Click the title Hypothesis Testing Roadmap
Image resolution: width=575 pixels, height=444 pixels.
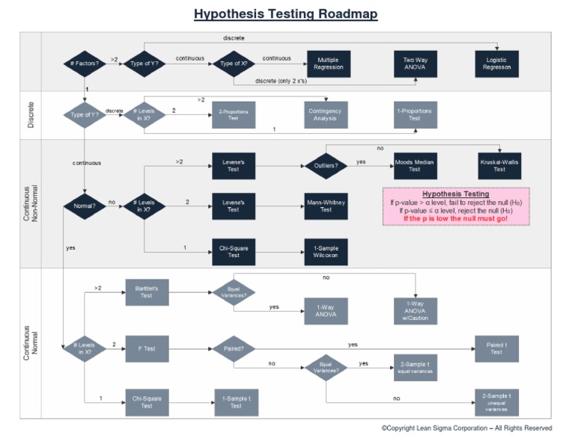pos(285,14)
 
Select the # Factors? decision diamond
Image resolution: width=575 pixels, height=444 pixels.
pos(85,64)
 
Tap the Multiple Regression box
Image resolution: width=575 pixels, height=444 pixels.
pos(328,64)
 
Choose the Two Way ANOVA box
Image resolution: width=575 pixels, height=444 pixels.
pos(415,64)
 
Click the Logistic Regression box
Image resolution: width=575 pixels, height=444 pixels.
pos(497,64)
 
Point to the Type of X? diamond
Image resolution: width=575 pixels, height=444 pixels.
pos(234,64)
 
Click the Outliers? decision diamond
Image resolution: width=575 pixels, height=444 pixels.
pos(326,165)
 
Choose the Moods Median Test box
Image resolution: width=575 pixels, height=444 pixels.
pos(414,165)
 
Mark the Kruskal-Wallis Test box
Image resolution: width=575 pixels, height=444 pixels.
pos(498,165)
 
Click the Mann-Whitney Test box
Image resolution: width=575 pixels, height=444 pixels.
pos(326,206)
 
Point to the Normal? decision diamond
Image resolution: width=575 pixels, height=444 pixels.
pos(85,206)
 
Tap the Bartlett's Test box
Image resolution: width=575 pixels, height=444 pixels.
pos(147,292)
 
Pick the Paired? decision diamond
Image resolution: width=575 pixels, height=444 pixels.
pos(234,348)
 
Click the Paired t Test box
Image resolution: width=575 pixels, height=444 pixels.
pos(496,348)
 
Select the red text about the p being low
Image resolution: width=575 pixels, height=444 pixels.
pos(455,219)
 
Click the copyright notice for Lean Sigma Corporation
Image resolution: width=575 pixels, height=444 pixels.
pos(466,428)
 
